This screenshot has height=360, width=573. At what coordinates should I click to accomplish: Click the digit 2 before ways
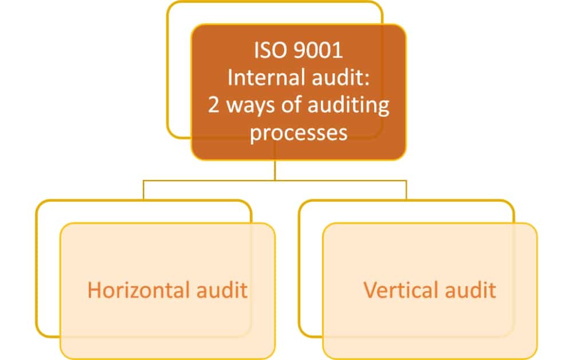[x=214, y=105]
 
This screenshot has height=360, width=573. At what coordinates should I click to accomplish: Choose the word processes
[x=299, y=133]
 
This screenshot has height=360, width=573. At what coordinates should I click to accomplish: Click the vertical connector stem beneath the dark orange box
[x=275, y=170]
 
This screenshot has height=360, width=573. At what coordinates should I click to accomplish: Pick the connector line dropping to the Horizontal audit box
[x=144, y=190]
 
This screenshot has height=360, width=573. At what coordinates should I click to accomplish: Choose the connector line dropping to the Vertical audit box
[x=406, y=190]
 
